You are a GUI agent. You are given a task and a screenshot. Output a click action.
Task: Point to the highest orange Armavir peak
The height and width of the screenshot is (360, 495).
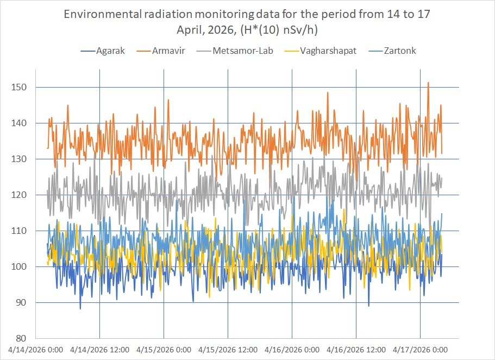click(x=428, y=83)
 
